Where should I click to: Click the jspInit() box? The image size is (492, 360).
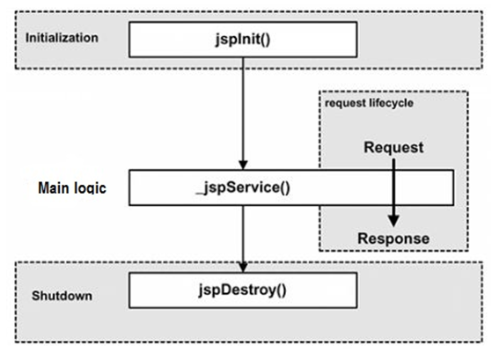(243, 40)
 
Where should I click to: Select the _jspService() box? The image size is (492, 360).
(291, 187)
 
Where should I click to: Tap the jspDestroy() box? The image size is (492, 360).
(243, 290)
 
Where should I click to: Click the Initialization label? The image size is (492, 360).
(62, 38)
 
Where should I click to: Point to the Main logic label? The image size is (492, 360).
(72, 188)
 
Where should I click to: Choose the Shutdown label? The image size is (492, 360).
(62, 296)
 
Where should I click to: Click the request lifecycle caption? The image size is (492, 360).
(369, 103)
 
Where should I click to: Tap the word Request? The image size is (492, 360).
(393, 147)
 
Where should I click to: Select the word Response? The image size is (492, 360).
(393, 239)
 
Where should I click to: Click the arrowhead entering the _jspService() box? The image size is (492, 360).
(243, 165)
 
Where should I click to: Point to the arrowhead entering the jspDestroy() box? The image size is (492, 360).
(243, 268)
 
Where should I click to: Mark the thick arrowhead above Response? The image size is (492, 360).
(393, 221)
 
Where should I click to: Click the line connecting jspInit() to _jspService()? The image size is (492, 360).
(243, 109)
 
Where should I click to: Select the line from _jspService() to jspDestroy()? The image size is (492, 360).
(243, 234)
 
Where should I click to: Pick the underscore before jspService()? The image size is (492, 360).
(200, 193)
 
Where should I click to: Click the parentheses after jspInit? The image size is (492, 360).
(265, 40)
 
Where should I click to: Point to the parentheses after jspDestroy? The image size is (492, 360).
(281, 290)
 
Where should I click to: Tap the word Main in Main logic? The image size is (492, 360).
(54, 188)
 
